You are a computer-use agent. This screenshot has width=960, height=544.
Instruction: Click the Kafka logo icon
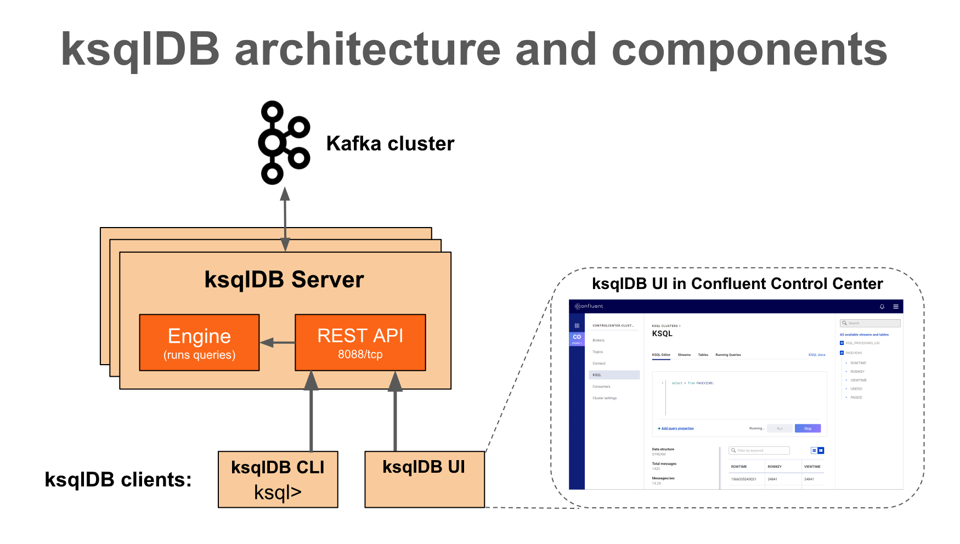click(x=283, y=143)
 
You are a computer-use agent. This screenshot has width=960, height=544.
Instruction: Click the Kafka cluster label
click(x=390, y=144)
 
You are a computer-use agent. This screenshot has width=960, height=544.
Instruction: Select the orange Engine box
click(x=199, y=343)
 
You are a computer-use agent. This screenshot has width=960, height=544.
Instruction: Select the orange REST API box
click(x=360, y=343)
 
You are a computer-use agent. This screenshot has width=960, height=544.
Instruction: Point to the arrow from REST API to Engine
click(x=278, y=343)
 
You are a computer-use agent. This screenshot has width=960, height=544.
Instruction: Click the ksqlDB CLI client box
click(x=278, y=479)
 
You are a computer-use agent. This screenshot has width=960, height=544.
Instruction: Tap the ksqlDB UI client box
click(x=424, y=479)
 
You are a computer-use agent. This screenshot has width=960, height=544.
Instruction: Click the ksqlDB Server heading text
click(x=284, y=280)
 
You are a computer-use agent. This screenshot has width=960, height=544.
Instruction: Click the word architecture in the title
click(x=368, y=49)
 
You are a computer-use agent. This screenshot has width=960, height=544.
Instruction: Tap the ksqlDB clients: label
click(x=118, y=480)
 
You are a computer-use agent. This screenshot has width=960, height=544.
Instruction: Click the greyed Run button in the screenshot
click(x=780, y=428)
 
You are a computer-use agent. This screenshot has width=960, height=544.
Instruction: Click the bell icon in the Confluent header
click(x=882, y=307)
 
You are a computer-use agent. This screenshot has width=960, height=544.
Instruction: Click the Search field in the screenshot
click(x=870, y=323)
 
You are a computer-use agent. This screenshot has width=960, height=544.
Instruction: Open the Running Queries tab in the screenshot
click(x=728, y=355)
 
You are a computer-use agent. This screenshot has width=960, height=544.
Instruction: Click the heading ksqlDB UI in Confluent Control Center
click(x=737, y=284)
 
